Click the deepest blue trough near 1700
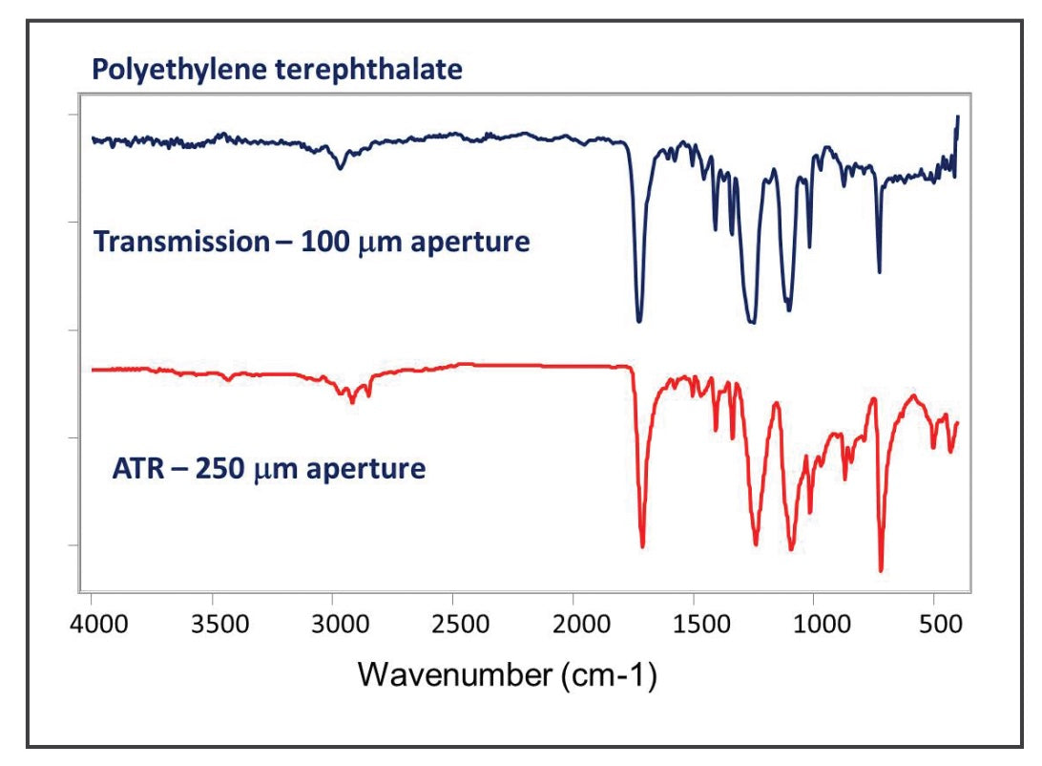[639, 319]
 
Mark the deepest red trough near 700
[881, 570]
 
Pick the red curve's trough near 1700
[642, 545]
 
